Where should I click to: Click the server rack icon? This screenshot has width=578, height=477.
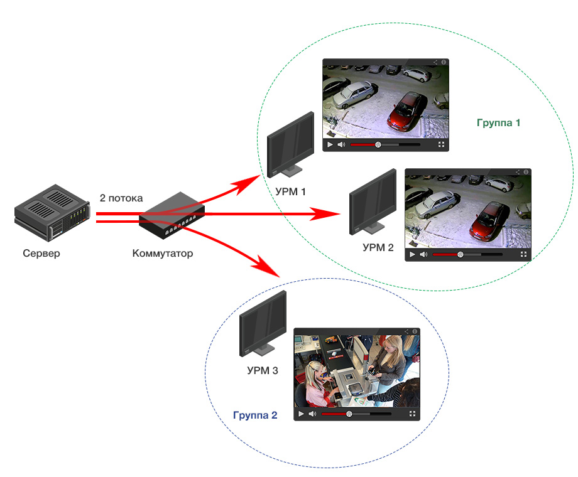tap(50, 213)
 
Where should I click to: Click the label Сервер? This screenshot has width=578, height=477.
tap(41, 254)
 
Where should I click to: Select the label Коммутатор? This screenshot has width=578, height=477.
tap(163, 254)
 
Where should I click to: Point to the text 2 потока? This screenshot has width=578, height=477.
tap(121, 198)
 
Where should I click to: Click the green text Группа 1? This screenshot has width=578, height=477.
tap(498, 123)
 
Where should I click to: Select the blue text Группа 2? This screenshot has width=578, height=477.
tap(254, 415)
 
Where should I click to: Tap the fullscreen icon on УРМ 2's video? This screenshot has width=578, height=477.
tap(523, 254)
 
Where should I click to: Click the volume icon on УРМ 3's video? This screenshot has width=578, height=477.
tap(312, 414)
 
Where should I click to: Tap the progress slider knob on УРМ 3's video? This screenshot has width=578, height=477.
tap(349, 414)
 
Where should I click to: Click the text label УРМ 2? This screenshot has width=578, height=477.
tap(378, 247)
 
